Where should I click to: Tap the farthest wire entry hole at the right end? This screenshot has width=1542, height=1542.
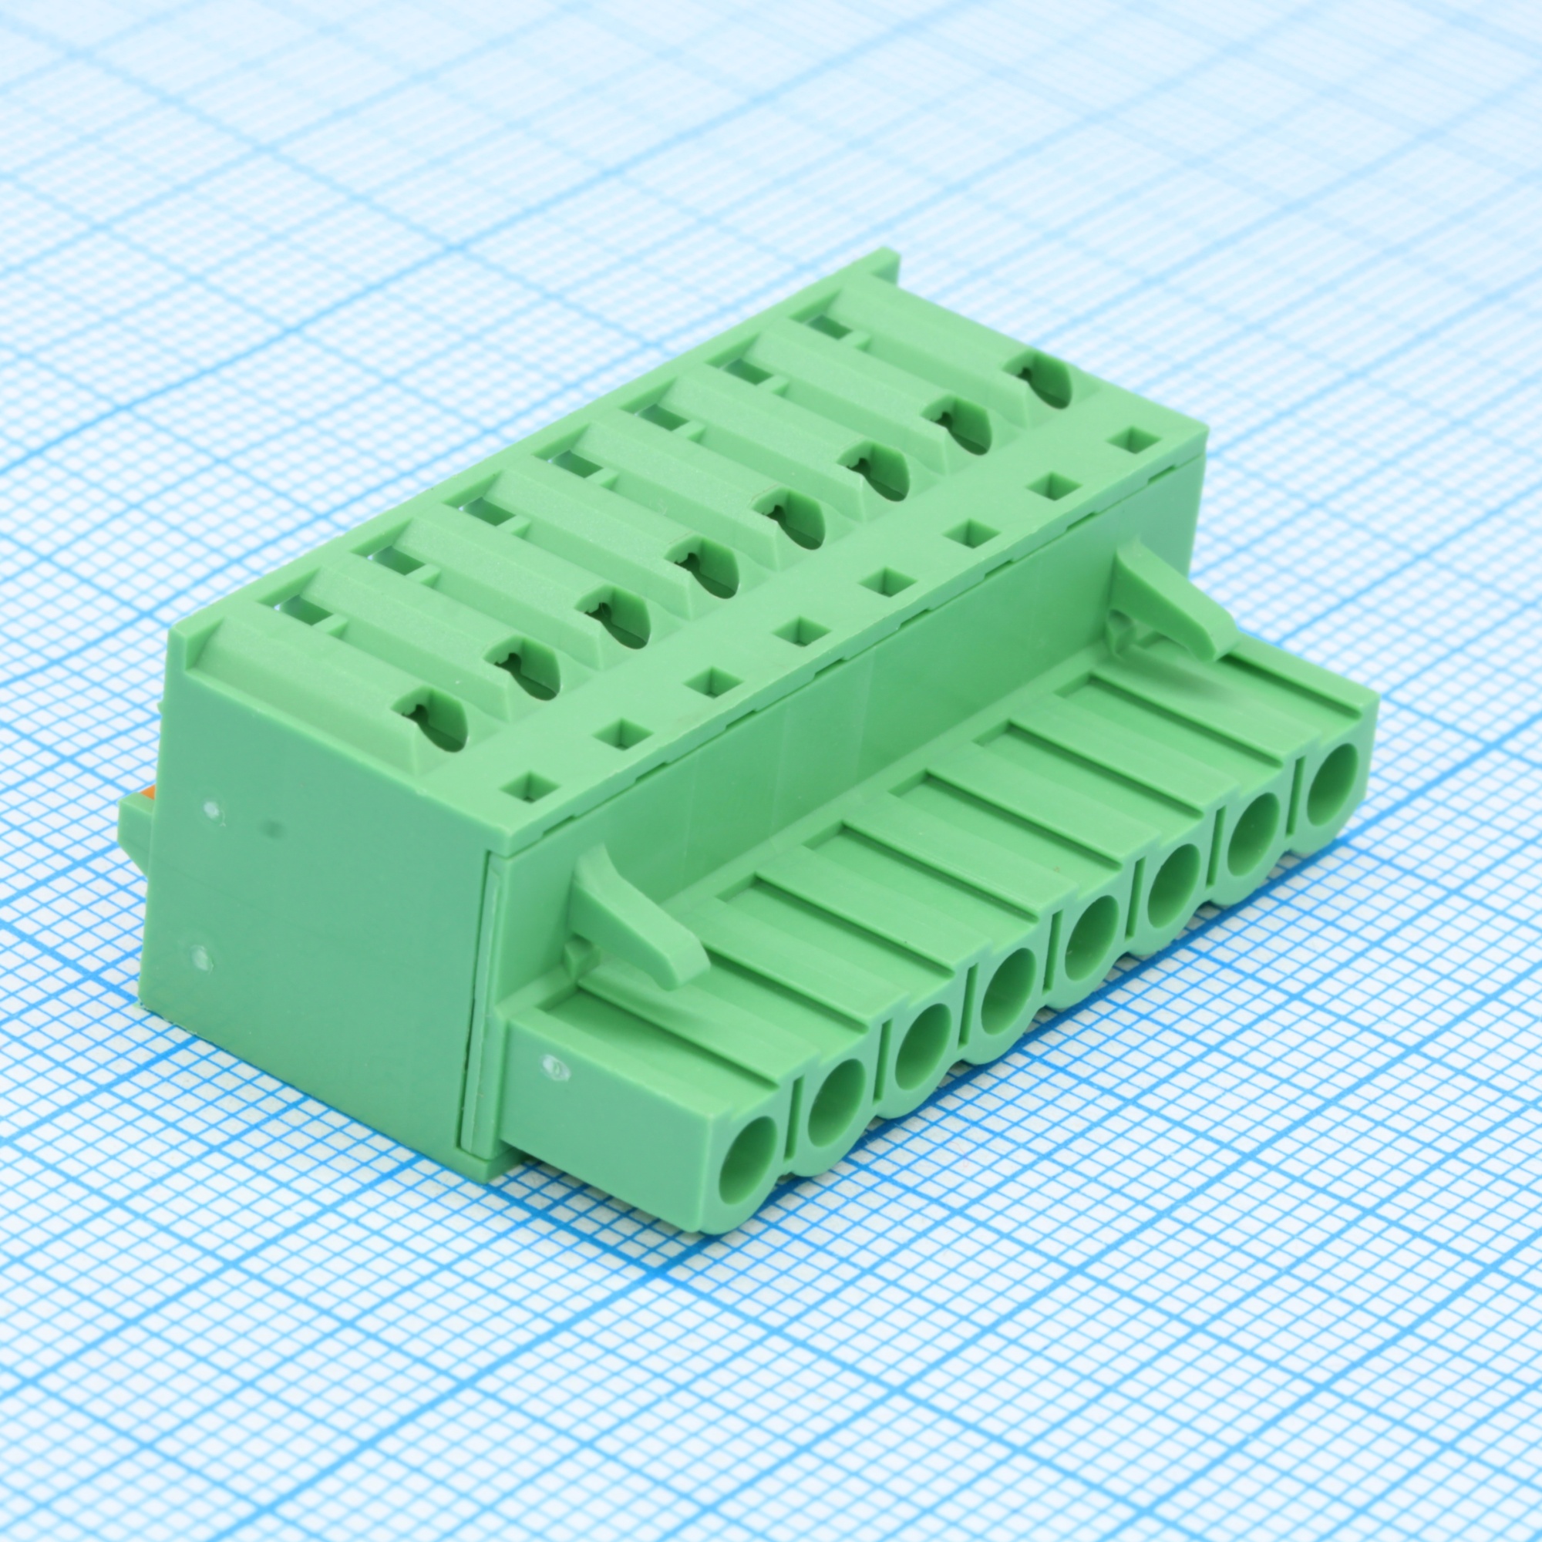tap(1334, 773)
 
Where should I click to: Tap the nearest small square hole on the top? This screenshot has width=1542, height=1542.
tap(526, 787)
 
